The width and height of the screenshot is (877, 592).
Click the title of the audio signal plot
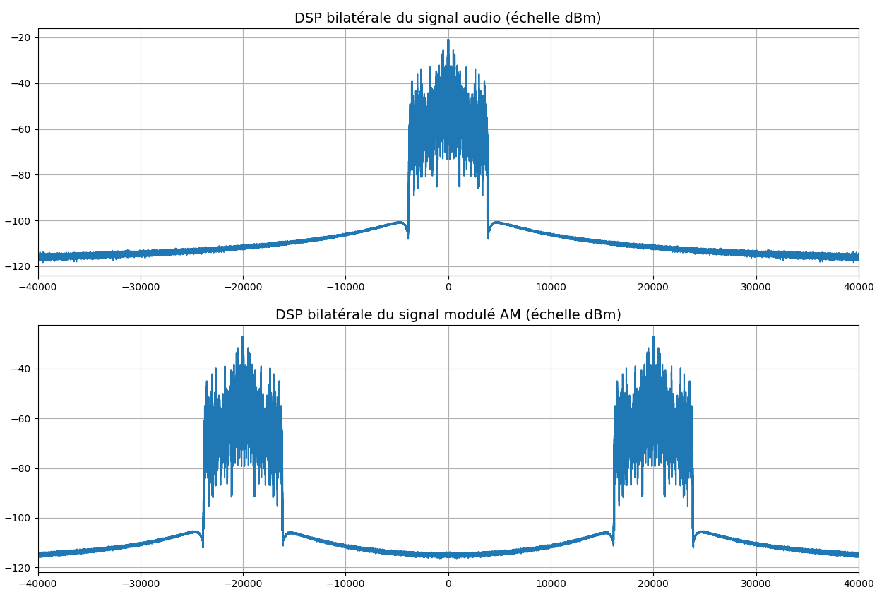click(x=448, y=18)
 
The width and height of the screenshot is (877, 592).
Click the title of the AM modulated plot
click(x=448, y=315)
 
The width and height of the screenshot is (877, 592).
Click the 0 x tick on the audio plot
click(x=448, y=287)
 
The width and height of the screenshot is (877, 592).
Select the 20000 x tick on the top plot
click(x=653, y=287)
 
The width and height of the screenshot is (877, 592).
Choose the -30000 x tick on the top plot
click(x=140, y=287)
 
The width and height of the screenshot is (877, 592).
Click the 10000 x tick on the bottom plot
click(x=551, y=584)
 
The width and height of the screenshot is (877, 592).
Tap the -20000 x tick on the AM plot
click(x=242, y=584)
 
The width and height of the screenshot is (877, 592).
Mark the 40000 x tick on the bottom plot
click(x=858, y=584)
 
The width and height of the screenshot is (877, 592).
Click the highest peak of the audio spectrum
click(x=448, y=40)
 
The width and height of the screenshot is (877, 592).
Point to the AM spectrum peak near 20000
click(x=653, y=337)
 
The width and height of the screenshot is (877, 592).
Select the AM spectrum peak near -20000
click(x=243, y=337)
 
